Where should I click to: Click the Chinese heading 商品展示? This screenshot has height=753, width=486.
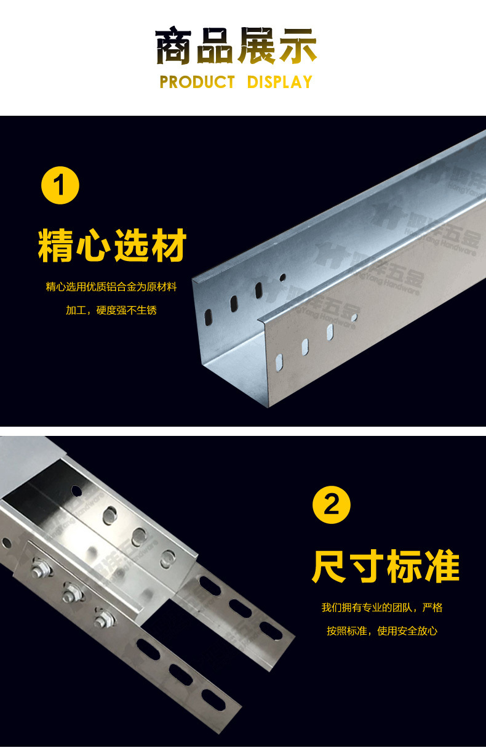point(236,46)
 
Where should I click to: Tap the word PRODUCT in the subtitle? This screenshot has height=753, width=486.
point(197,82)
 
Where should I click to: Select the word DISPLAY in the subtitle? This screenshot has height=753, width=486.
point(280,82)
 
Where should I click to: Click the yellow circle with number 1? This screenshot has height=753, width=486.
point(60,185)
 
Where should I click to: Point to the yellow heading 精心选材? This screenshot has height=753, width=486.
point(112,245)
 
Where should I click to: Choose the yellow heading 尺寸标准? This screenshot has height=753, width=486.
point(386,567)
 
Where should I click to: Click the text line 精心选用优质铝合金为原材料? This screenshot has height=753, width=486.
point(111,287)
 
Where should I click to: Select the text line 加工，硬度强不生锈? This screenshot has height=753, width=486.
point(111,310)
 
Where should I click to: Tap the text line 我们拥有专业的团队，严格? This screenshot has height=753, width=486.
point(381,608)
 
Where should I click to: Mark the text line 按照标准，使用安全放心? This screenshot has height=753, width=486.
point(381,631)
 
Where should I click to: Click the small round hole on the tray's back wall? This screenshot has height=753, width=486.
point(283,278)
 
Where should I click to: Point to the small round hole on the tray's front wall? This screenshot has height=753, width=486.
point(354,318)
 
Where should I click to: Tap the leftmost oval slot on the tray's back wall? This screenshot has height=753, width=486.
point(208,317)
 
